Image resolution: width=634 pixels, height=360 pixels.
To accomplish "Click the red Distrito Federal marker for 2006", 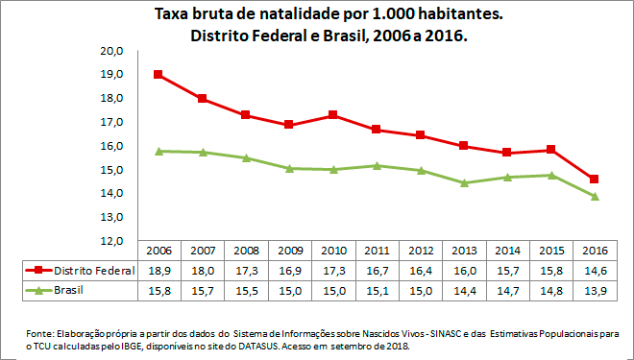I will pyautogui.click(x=158, y=75).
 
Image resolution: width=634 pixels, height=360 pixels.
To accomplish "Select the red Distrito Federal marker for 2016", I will pyautogui.click(x=595, y=179).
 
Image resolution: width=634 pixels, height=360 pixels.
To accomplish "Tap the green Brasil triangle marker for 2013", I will pyautogui.click(x=464, y=182).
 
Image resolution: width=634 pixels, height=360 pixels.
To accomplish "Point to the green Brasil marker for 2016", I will pyautogui.click(x=595, y=196).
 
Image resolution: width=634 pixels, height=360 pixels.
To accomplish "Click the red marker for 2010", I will pyautogui.click(x=332, y=115).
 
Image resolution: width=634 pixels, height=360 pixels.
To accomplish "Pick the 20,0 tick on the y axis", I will pyautogui.click(x=115, y=51).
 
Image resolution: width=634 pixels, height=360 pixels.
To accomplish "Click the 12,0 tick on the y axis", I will pyautogui.click(x=115, y=241).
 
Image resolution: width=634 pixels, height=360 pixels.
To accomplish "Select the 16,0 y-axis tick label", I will pyautogui.click(x=115, y=146).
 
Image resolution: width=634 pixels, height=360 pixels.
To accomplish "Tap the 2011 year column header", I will pyautogui.click(x=376, y=250).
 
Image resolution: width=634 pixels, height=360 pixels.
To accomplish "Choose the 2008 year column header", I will pyautogui.click(x=245, y=250).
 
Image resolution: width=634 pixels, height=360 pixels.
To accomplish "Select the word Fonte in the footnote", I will pyautogui.click(x=40, y=332).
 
